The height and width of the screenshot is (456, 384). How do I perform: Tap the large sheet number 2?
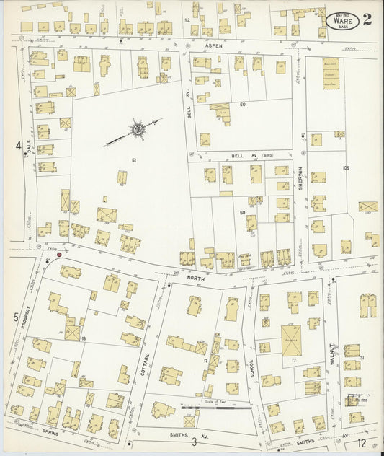367,19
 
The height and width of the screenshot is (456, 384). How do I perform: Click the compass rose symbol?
137,130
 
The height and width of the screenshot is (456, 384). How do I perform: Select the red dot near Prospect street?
59,254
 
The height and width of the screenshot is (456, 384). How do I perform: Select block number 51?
134,159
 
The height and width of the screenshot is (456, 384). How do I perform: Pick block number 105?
345,167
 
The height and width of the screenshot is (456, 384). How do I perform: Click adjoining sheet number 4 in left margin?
17,146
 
